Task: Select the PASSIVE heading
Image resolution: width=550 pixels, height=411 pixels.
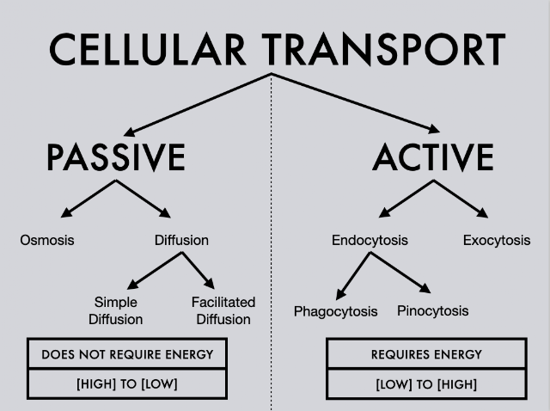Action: tap(115, 157)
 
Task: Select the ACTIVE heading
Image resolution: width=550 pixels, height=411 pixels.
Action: tap(433, 157)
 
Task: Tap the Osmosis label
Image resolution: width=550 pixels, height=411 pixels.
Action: tap(47, 240)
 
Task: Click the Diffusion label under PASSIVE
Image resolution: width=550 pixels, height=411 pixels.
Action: tap(181, 240)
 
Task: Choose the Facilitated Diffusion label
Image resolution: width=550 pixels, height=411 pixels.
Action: tap(223, 310)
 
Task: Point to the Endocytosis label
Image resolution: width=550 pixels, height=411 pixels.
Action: tap(370, 240)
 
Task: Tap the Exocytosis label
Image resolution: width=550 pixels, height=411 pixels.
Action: tap(497, 240)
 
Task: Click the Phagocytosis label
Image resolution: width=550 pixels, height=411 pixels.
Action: tap(335, 311)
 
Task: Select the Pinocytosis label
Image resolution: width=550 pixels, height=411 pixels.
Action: tap(433, 310)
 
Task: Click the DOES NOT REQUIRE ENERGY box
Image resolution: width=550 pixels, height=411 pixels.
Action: tap(127, 353)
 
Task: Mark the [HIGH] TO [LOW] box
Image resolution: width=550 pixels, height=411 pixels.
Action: tap(127, 383)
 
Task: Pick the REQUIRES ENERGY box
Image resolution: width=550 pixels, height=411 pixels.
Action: tap(426, 353)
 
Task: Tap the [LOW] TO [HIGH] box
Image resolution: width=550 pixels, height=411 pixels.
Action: tap(426, 383)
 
